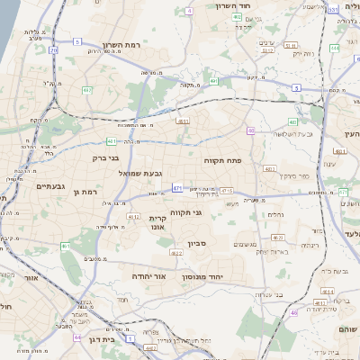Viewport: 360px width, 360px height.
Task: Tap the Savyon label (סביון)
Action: coord(198,243)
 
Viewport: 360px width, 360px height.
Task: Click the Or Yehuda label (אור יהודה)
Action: coord(150,275)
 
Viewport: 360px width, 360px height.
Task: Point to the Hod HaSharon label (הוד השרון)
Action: coord(239,6)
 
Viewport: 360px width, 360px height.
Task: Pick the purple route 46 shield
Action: coord(293,311)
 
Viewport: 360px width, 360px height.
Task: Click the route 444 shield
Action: coord(334,48)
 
